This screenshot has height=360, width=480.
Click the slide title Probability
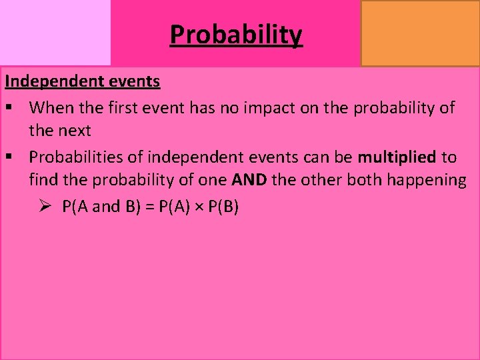point(236,34)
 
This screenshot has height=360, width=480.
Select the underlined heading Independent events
point(83,81)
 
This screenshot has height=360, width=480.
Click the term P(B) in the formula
point(223,207)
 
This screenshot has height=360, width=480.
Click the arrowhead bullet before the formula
point(45,207)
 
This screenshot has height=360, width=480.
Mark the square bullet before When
point(10,107)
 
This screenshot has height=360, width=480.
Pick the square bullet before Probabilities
point(10,157)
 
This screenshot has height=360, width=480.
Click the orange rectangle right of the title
point(420,33)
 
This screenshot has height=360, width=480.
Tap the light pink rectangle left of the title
point(55,33)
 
